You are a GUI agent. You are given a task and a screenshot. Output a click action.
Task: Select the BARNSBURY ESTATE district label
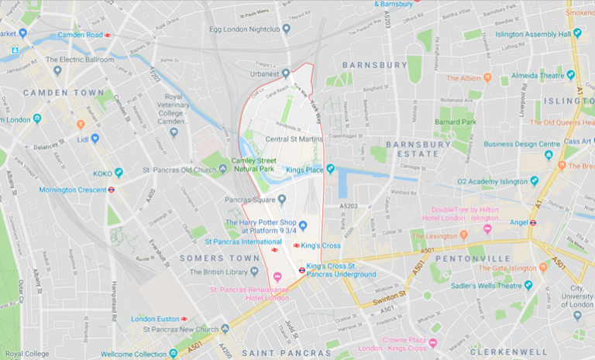click(418, 149)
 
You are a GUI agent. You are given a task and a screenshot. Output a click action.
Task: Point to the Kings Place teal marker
click(330, 169)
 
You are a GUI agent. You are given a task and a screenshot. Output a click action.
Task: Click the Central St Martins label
click(294, 139)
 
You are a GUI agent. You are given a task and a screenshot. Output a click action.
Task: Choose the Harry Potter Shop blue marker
click(304, 225)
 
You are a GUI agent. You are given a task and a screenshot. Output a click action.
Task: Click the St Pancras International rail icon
click(273, 249)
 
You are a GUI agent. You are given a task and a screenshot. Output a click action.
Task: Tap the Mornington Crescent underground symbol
click(112, 189)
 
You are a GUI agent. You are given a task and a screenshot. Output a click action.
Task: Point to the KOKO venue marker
click(119, 173)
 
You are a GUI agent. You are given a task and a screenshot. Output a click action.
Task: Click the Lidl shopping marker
click(95, 139)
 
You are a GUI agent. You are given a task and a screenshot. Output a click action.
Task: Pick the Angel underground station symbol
click(533, 222)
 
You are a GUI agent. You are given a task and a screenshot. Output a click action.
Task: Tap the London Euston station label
click(155, 318)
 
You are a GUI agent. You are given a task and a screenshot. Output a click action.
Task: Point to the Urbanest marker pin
click(286, 74)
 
